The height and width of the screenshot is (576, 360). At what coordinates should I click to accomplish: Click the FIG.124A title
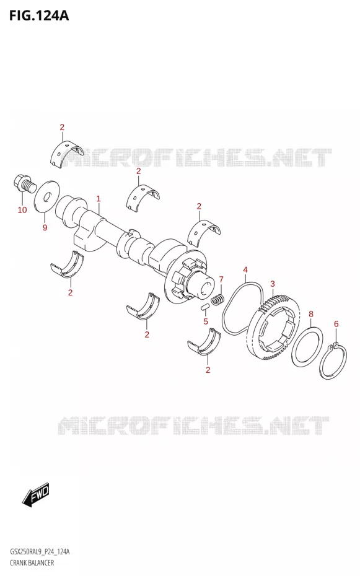click(x=38, y=15)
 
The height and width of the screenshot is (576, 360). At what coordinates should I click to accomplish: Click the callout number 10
click(x=22, y=210)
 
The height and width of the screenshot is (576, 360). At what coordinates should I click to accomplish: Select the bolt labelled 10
click(x=24, y=184)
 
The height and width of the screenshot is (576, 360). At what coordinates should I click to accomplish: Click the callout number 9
click(x=45, y=228)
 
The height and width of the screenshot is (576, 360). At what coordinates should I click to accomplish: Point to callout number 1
click(x=99, y=199)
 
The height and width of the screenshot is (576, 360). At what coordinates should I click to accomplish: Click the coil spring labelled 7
click(x=217, y=299)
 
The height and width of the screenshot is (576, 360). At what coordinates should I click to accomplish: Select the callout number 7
click(x=221, y=279)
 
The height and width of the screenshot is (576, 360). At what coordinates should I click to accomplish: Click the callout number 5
click(x=206, y=321)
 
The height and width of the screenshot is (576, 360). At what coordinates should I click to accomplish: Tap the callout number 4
click(x=245, y=271)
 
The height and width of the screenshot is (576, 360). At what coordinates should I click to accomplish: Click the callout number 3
click(x=273, y=284)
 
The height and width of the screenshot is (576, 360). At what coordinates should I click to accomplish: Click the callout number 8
click(x=311, y=314)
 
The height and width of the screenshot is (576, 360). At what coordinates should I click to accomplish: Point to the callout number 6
click(x=336, y=324)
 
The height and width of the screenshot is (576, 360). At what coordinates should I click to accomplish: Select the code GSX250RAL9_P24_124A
click(x=40, y=552)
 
